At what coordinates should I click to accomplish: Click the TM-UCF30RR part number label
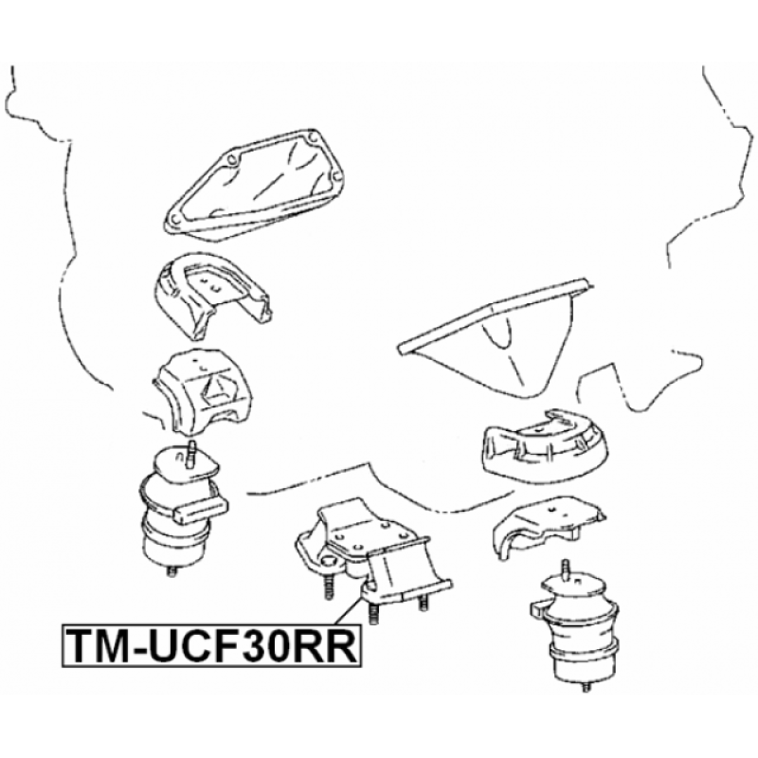tap(210, 646)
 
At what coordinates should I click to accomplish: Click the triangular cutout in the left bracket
tap(216, 389)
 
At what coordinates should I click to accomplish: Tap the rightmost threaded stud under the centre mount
tap(422, 604)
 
